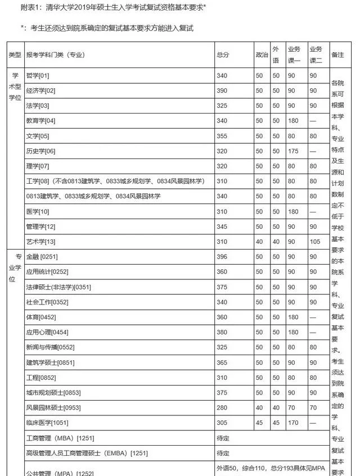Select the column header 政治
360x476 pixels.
262,55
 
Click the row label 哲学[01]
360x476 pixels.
38,75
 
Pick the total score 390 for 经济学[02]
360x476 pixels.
222,90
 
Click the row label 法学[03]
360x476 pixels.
38,106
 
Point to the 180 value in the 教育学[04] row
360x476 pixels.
294,121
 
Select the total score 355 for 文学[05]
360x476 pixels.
222,136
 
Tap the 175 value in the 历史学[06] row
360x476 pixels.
294,151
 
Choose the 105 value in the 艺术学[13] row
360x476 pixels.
315,242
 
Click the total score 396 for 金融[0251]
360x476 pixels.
222,257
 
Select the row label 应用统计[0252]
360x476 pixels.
47,272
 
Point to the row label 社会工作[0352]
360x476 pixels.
47,302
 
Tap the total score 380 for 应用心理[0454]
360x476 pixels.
222,332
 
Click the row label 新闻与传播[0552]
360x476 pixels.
50,347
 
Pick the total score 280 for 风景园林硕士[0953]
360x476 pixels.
222,407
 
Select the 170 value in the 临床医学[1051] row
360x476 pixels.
294,423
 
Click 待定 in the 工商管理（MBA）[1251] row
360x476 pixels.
223,438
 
